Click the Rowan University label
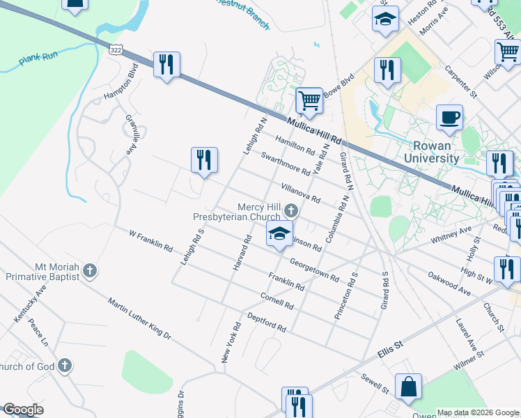[x=436, y=152]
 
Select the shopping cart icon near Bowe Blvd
[x=309, y=100]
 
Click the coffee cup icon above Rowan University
[x=449, y=117]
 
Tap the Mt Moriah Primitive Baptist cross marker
[x=89, y=271]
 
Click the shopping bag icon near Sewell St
[x=408, y=387]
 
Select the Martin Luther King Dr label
[x=139, y=318]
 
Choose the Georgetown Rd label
[x=314, y=268]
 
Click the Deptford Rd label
[x=267, y=322]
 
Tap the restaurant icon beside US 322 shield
[x=166, y=65]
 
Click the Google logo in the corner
[x=23, y=410]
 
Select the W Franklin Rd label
[x=150, y=240]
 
